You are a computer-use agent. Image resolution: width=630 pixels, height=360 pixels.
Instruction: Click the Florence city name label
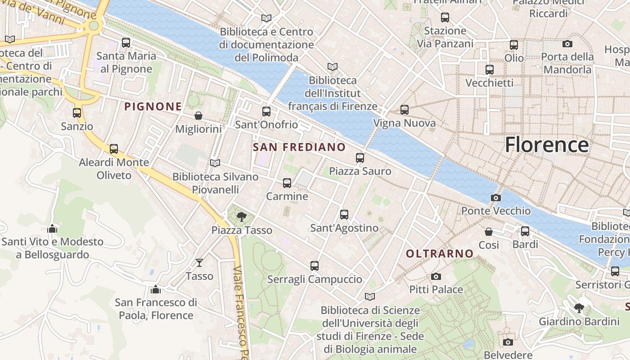[546, 145]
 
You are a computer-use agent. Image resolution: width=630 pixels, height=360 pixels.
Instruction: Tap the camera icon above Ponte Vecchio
[495, 198]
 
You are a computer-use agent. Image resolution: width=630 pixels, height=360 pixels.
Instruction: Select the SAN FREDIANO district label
[299, 147]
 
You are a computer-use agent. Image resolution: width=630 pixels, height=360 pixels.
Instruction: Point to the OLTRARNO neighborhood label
[440, 254]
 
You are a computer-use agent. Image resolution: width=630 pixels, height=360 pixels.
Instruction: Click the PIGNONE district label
[153, 107]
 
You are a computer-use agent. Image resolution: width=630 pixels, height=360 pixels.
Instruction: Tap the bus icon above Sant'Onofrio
[266, 111]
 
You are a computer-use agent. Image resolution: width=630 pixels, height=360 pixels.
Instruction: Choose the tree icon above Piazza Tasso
[242, 217]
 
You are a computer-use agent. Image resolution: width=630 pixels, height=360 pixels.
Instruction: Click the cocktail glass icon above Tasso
[199, 262]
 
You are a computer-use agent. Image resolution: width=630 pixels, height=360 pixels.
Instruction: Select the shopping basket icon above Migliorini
[198, 116]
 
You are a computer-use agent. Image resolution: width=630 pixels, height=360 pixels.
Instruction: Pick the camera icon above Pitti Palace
[436, 276]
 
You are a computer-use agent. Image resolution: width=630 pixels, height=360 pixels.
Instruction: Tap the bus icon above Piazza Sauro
[360, 158]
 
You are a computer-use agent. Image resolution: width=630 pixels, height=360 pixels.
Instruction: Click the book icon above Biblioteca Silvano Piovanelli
[215, 163]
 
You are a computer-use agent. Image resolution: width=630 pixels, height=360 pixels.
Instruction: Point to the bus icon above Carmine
[287, 183]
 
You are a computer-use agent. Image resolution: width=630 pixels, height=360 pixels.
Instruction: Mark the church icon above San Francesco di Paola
[156, 289]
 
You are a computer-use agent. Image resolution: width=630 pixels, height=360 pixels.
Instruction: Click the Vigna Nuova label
[405, 123]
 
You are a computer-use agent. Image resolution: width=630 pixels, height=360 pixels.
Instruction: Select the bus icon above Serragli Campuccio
[315, 266]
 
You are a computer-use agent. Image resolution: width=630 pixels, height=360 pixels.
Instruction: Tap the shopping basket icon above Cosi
[489, 232]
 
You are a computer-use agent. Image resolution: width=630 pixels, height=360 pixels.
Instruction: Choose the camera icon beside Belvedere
[508, 342]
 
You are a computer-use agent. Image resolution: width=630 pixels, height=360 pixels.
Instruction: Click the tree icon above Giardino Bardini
[579, 308]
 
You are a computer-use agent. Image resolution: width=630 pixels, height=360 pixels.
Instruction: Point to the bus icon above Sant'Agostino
[344, 215]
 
